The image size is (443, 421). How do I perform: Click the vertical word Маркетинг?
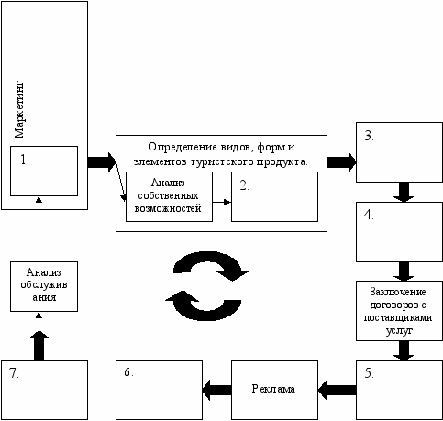[x=19, y=110]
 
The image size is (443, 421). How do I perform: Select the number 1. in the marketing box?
[x=25, y=160]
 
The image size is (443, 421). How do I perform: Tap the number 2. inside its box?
[x=244, y=185]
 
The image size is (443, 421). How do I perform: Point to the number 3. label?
[x=370, y=136]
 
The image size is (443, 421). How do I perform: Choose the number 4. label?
[x=369, y=215]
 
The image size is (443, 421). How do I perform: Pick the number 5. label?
[x=369, y=373]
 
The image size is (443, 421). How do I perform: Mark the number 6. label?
[x=128, y=372]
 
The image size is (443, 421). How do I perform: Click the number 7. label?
[x=14, y=373]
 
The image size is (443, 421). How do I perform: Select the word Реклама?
[x=273, y=389]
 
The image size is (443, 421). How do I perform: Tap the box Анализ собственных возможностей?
[x=169, y=196]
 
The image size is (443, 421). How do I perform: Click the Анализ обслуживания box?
[x=44, y=286]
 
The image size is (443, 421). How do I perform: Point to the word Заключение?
[x=398, y=292]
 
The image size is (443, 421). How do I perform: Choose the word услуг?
[x=399, y=331]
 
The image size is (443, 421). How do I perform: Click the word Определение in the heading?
[x=183, y=147]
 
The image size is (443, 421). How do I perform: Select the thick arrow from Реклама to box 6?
[x=216, y=390]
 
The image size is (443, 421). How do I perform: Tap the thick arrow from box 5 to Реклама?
[x=337, y=390]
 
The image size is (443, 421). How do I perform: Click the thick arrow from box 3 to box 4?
[x=404, y=192]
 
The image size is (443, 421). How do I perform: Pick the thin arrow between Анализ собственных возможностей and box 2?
[x=222, y=202]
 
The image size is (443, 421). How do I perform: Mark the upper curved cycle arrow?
[x=211, y=265]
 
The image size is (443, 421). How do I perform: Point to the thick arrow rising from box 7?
[x=39, y=346]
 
